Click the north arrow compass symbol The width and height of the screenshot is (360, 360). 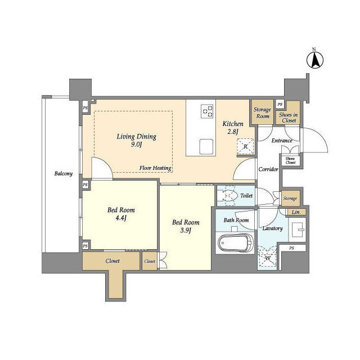(x=315, y=60)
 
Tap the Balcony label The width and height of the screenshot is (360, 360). (x=64, y=174)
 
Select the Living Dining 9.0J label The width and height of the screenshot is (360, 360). (x=136, y=140)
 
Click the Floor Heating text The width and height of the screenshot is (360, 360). (x=155, y=168)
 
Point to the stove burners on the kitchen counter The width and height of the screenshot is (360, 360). (x=208, y=111)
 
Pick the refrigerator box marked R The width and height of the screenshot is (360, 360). (x=245, y=146)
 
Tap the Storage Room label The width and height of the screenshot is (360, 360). (x=263, y=112)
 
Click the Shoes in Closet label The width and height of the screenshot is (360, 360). (x=289, y=118)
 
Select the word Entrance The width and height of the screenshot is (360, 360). (x=282, y=141)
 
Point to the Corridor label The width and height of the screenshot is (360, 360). (x=268, y=169)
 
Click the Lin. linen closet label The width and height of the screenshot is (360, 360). (x=296, y=212)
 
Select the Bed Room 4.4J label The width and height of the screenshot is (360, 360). (x=121, y=214)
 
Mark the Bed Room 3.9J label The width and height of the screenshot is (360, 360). (x=186, y=226)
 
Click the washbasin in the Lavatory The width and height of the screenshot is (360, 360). (x=298, y=229)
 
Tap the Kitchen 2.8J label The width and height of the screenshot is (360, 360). (x=233, y=128)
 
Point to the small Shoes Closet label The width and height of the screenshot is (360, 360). (x=290, y=161)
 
